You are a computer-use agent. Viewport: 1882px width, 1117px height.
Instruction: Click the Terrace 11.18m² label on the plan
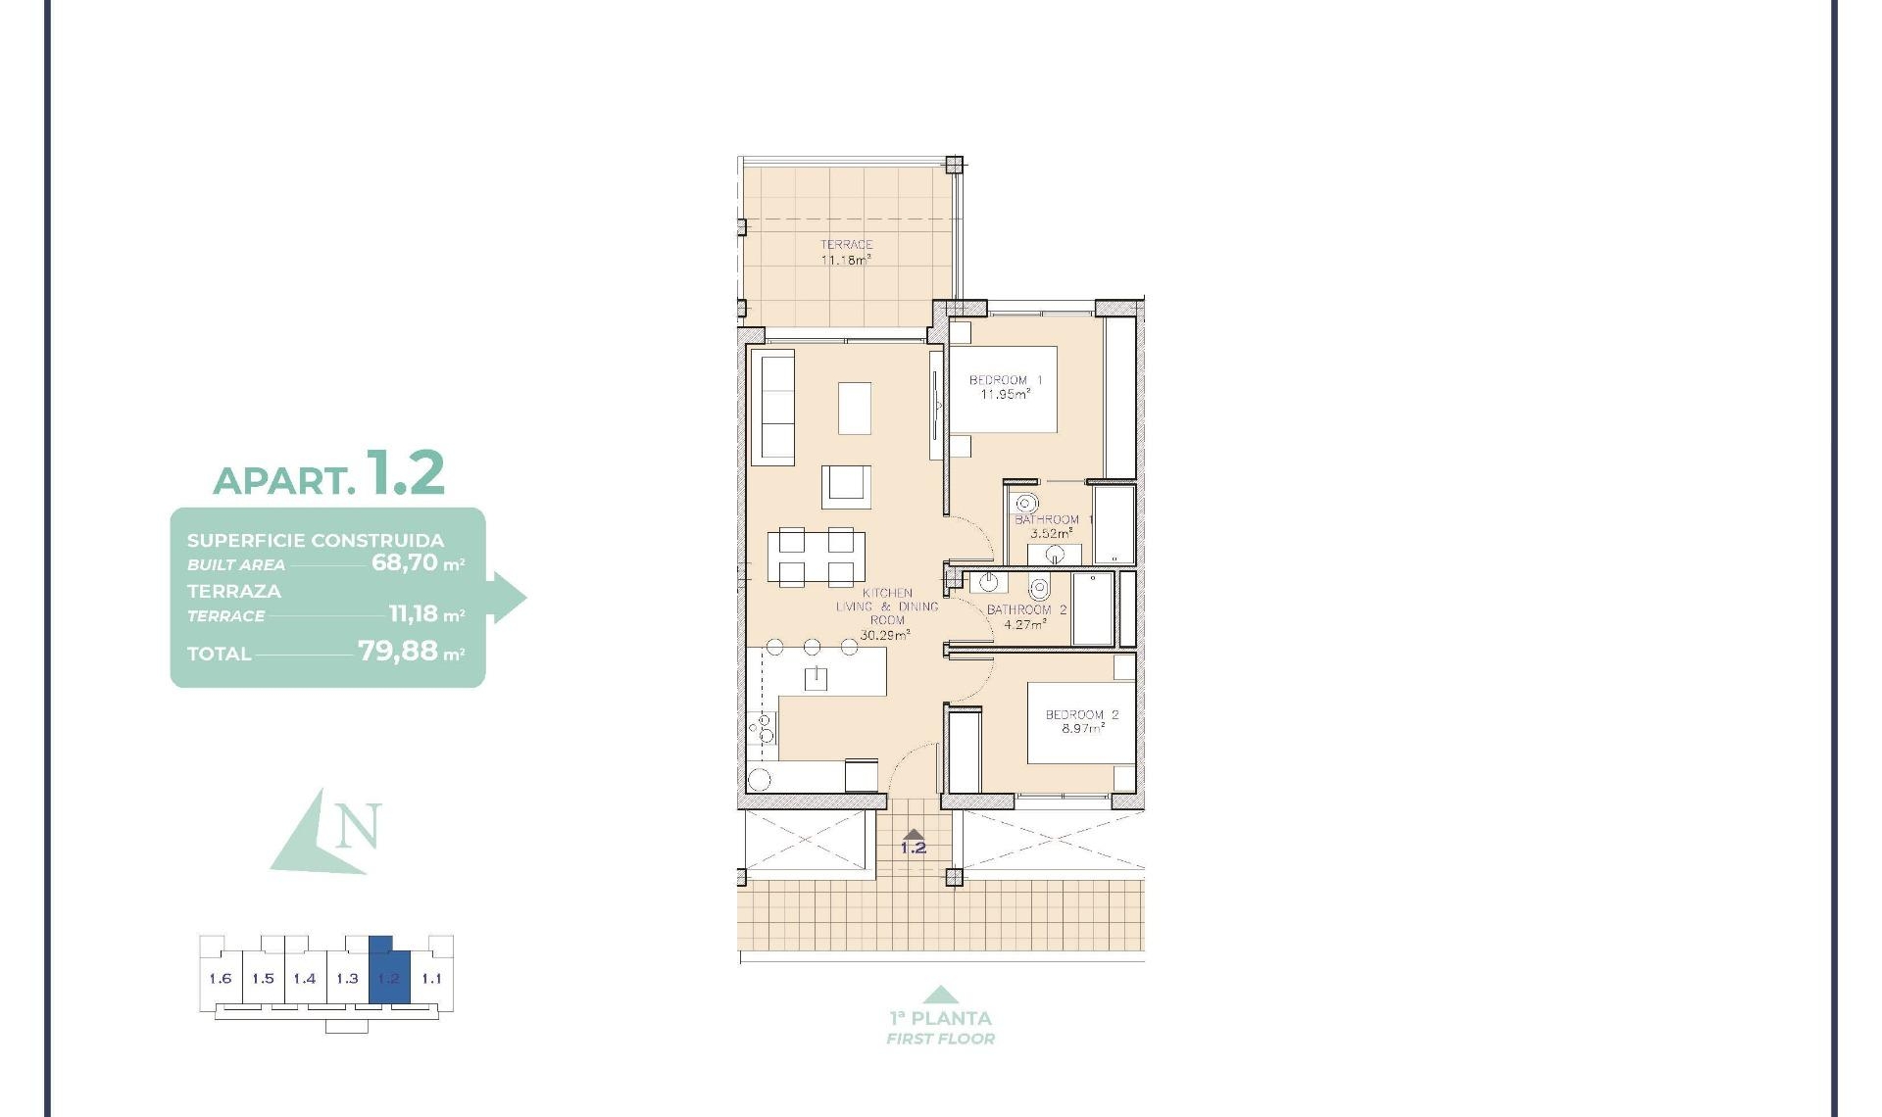[x=846, y=253]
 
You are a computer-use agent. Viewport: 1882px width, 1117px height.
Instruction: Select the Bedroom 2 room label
[x=1081, y=722]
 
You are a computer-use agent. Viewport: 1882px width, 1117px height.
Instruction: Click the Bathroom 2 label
[x=1025, y=616]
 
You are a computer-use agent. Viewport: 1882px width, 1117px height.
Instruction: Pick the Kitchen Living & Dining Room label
[x=886, y=613]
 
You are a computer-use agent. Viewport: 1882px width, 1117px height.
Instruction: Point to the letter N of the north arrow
[x=357, y=826]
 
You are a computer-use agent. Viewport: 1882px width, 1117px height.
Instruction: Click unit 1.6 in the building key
[x=221, y=978]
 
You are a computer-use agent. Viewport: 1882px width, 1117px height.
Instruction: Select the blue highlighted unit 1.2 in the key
[x=389, y=978]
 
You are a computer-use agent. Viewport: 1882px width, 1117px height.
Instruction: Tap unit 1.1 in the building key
[x=431, y=978]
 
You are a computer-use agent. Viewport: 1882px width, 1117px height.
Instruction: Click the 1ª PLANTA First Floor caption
[x=940, y=1027]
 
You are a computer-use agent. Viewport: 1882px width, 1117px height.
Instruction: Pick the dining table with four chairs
[x=816, y=557]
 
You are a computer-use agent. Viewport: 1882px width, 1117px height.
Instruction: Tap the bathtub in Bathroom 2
[x=1092, y=608]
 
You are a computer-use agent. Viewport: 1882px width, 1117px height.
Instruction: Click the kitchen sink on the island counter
[x=816, y=678]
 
